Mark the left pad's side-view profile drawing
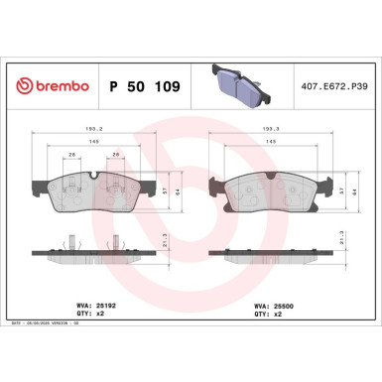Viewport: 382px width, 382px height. click(91, 251)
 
